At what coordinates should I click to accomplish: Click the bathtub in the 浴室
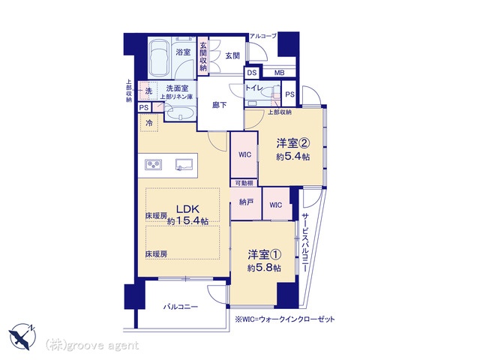(x=160, y=58)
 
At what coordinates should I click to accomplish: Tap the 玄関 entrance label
(x=232, y=55)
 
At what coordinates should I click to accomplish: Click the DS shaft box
(x=252, y=73)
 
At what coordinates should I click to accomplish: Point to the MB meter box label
(x=279, y=73)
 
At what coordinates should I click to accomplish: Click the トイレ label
(x=253, y=88)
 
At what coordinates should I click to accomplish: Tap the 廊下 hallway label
(x=220, y=105)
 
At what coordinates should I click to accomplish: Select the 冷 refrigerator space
(x=149, y=123)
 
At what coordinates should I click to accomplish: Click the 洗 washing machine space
(x=148, y=91)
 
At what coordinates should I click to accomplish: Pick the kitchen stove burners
(x=153, y=165)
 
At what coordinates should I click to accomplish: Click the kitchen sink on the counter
(x=184, y=164)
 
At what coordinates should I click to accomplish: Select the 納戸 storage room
(x=246, y=203)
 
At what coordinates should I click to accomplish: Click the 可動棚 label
(x=244, y=183)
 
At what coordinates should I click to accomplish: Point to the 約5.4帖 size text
(x=293, y=157)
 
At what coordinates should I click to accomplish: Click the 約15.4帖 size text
(x=187, y=220)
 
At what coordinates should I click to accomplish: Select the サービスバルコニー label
(x=304, y=242)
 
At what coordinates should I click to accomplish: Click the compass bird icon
(x=22, y=337)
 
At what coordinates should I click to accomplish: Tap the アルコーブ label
(x=262, y=36)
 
